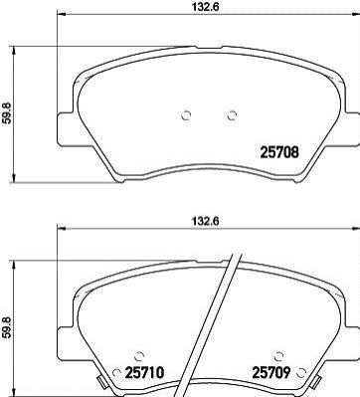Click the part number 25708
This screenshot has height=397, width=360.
coord(279,152)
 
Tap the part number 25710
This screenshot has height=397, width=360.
coord(144,372)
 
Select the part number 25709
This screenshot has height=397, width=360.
coord(271,372)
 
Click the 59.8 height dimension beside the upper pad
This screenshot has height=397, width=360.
coord(7,113)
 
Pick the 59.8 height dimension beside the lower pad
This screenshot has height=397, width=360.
coord(7,327)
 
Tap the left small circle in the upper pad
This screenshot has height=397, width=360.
coord(187,115)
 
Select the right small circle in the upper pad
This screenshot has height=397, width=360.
coord(233,115)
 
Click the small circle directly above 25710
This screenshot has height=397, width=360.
coord(139,356)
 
